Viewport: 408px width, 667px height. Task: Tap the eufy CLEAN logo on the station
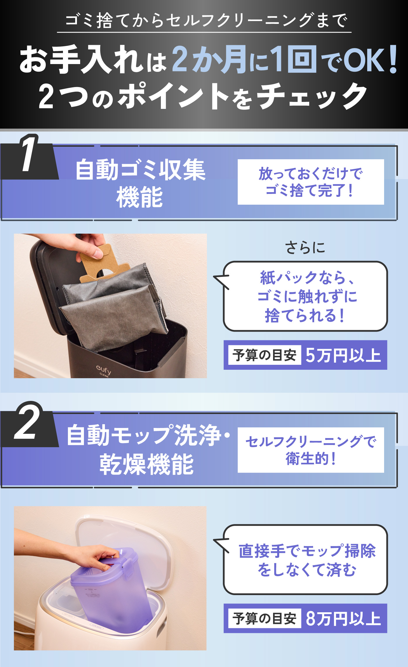pos(104,371)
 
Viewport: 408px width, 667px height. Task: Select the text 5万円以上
pos(343,355)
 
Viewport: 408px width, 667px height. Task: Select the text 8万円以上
pos(343,618)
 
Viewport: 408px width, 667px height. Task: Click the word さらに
pos(305,248)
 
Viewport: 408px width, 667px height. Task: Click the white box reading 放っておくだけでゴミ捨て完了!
pos(311,182)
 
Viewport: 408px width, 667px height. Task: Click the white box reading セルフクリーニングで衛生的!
pos(311,450)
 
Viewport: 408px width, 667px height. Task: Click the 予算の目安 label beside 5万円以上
pos(264,355)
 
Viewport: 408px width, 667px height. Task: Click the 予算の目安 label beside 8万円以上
pos(264,618)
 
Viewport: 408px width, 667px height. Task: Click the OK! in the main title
pos(370,60)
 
